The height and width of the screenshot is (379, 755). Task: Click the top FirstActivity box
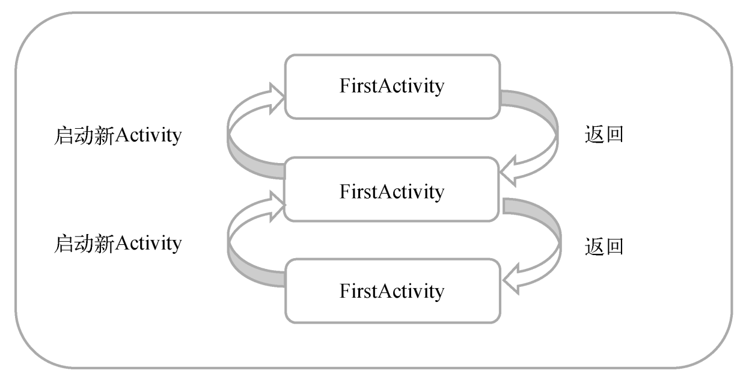pos(392,87)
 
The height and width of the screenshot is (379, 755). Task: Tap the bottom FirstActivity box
pos(392,292)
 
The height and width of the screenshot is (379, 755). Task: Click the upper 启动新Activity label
pos(118,136)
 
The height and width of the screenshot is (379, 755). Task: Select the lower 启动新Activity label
pos(118,244)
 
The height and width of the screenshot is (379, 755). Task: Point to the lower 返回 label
pos(604,247)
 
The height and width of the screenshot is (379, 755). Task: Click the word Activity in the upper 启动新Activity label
pos(148,136)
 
